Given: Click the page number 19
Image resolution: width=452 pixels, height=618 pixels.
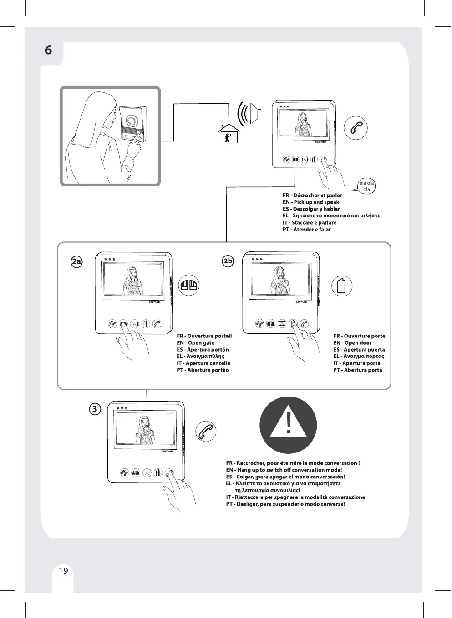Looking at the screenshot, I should coord(63,571).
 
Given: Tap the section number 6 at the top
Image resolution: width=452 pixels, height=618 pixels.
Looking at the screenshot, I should coord(48,50).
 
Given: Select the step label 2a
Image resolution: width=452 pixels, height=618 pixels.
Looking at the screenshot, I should coord(76,261).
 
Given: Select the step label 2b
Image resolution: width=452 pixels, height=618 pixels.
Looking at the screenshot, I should coord(228,261).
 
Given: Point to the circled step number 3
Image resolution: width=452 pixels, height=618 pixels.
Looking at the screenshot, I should coord(94,409).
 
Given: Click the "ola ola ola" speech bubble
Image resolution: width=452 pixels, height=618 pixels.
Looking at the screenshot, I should coord(366,186).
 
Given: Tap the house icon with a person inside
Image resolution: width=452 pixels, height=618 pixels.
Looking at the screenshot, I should coord(229,134).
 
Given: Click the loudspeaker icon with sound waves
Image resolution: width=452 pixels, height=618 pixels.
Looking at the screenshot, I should coord(250,112).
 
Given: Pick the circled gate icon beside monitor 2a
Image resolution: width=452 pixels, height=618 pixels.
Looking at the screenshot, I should coord(189,285).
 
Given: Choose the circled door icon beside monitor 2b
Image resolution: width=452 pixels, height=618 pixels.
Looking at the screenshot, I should coord(342,286).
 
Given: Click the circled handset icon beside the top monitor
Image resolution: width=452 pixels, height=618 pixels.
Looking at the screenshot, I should coord(356,128).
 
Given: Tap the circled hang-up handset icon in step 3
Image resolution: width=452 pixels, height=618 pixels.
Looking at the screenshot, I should coord(206,431).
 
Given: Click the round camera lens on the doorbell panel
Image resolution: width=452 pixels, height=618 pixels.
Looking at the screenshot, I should coord(132,121).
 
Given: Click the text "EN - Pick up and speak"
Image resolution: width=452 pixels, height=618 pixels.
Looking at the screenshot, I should coord(311,202).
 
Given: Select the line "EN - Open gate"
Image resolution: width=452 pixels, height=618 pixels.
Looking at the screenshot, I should coord(195,343).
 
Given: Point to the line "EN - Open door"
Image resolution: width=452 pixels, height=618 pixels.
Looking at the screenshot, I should coord(352,343).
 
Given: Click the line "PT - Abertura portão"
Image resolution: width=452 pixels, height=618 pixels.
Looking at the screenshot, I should coord(203,370).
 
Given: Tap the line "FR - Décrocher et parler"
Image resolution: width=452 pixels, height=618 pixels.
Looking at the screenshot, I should coord(312,196).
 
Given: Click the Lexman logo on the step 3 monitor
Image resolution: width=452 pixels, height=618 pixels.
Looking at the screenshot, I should coord(167,452).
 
